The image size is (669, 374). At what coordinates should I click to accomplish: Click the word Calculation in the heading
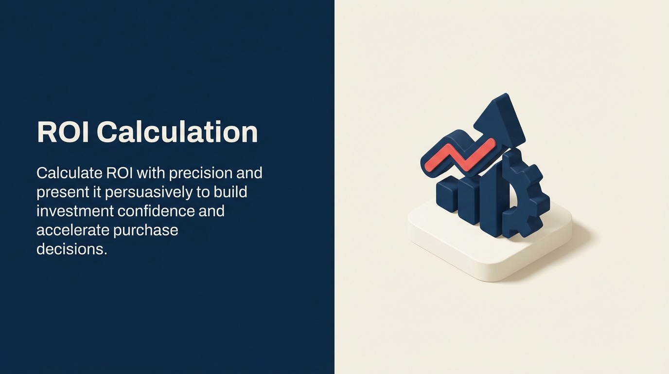(177, 132)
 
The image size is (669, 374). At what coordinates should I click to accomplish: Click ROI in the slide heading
(63, 132)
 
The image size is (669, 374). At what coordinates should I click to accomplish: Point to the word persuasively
(149, 192)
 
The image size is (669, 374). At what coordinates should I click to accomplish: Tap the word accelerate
(72, 230)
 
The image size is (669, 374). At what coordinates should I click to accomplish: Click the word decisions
(71, 249)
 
